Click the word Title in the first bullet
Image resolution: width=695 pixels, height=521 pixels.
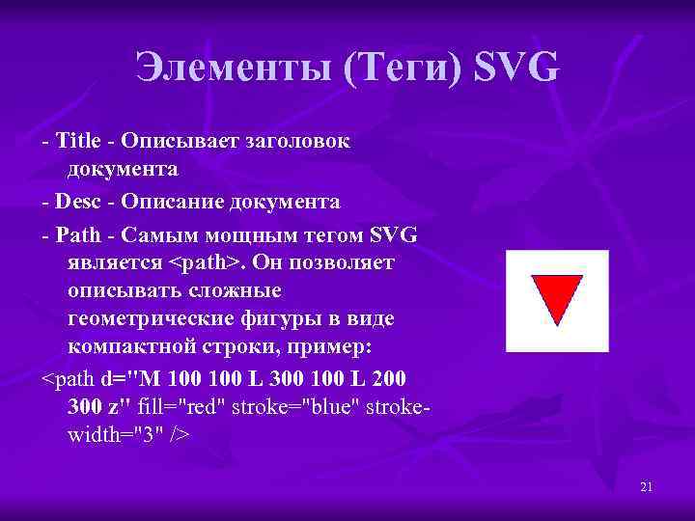click(80, 141)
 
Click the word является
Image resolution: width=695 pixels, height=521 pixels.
click(116, 262)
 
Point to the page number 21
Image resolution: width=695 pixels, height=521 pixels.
click(646, 487)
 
